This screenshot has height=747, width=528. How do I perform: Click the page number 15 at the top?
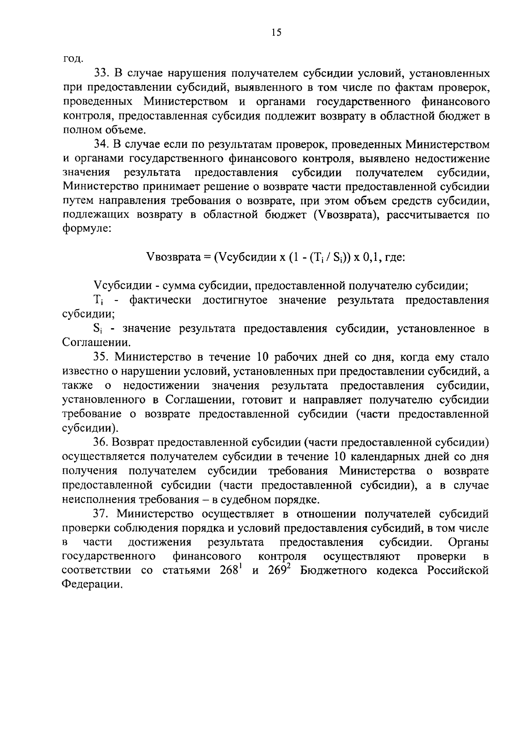pyautogui.click(x=276, y=33)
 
